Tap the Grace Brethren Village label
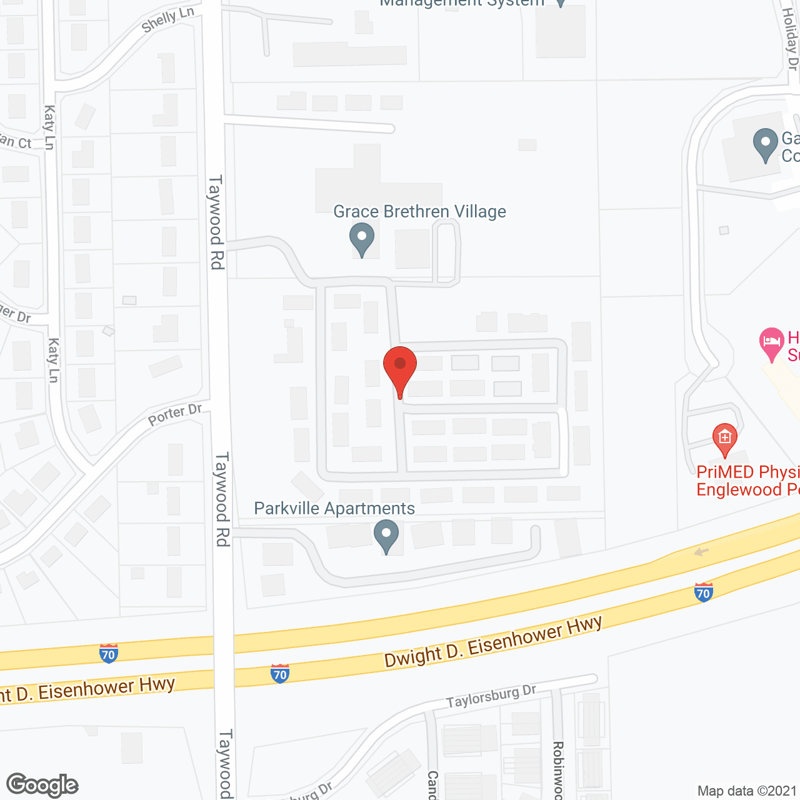coord(419,212)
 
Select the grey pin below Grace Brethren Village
coord(361,239)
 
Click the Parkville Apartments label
coord(334,509)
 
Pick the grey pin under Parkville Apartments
coord(386,536)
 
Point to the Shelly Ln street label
coord(167,20)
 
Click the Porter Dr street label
coord(175,414)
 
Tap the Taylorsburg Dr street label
coord(491,697)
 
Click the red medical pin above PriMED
coord(725,439)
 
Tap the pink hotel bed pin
coord(772,343)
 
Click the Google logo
coord(42,785)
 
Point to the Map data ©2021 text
coord(747,791)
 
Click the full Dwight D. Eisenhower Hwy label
coord(493,642)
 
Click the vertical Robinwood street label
coord(558,770)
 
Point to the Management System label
coord(462,3)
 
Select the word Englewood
coord(739,489)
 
